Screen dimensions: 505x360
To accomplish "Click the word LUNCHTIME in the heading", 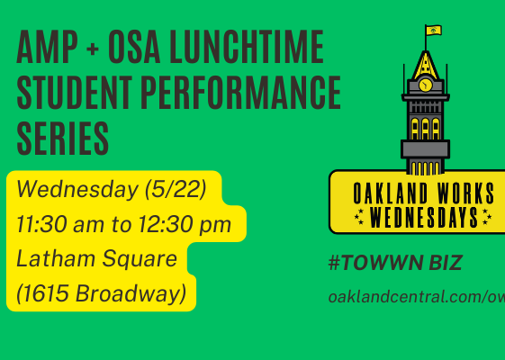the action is coord(247,47).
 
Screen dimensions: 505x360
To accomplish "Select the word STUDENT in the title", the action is coord(75,93).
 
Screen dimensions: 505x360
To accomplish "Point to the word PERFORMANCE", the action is coord(241,93).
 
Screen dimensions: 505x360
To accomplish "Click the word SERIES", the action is coord(63,139).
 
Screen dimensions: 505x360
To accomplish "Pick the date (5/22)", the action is coord(176,189).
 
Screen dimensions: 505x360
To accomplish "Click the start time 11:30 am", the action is coord(60,224).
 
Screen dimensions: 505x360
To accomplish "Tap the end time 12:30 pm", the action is coord(185,225).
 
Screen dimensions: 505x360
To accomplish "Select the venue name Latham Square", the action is coord(96,259).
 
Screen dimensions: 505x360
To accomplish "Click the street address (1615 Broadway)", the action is coord(102,293).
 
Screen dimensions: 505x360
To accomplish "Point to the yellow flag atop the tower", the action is coord(434,31).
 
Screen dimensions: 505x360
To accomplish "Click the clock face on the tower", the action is coord(426,85).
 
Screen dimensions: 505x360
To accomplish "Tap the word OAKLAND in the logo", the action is coord(391,193).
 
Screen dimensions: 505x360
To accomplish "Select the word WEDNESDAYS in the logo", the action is coord(424,218).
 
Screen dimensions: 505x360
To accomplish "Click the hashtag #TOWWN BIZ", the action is coord(395,263).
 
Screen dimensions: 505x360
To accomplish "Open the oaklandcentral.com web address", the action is coord(417,297).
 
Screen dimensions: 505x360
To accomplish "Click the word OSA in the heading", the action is coord(134,47).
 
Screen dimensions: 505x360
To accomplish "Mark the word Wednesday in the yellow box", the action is coord(77,189).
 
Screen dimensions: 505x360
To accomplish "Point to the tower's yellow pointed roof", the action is coord(426,66).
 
